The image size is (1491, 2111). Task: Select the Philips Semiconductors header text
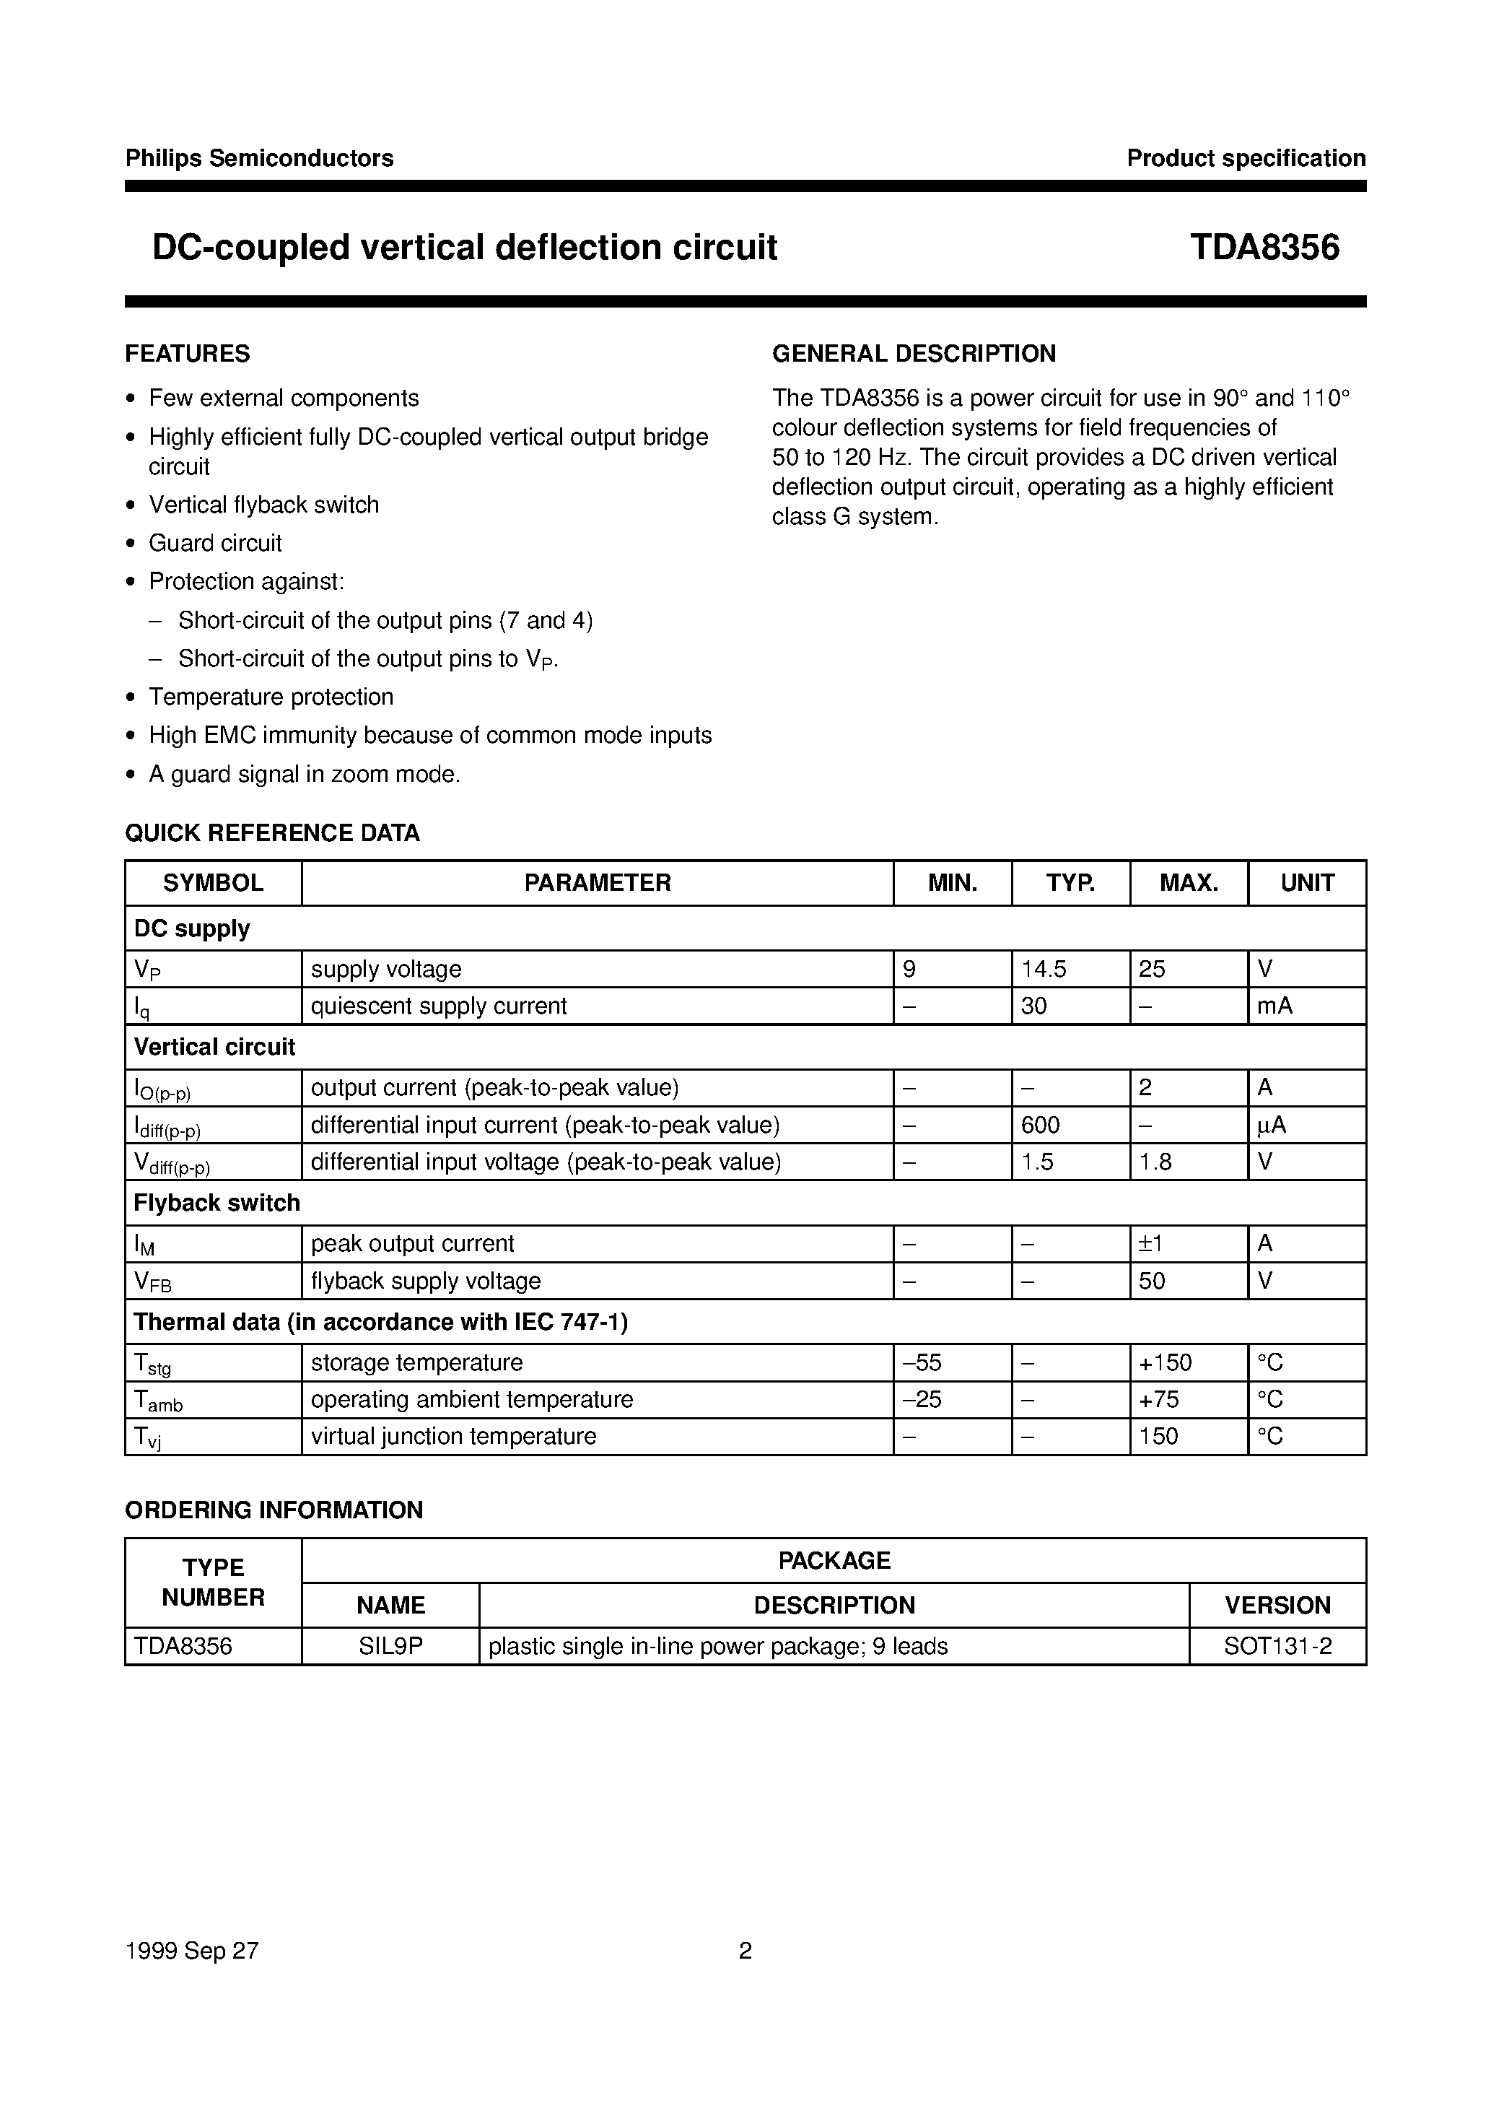tap(259, 158)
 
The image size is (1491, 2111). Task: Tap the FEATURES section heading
tap(188, 354)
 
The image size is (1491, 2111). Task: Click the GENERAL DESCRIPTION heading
tap(914, 354)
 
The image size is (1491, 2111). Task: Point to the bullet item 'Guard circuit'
tap(215, 544)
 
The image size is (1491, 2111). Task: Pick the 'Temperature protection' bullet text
tap(271, 697)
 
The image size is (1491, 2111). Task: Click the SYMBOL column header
tap(214, 883)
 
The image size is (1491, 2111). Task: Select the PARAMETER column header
tap(598, 883)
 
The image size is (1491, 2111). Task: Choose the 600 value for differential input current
tap(1041, 1126)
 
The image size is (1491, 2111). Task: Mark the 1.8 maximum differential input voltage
tap(1155, 1162)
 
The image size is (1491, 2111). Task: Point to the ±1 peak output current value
tap(1151, 1244)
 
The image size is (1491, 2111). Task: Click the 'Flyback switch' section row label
tap(217, 1203)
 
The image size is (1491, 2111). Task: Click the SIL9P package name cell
tap(390, 1646)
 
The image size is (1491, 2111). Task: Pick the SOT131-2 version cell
tap(1277, 1646)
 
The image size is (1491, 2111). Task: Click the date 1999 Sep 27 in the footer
tap(192, 1950)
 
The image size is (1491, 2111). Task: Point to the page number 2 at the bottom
tap(745, 1950)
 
